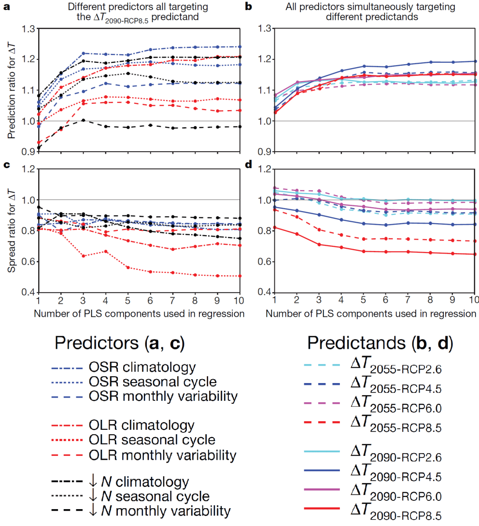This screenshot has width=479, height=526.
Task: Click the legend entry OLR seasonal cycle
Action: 152,440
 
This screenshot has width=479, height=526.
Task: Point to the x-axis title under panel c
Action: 139,314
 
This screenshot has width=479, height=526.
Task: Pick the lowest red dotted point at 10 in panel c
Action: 240,276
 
